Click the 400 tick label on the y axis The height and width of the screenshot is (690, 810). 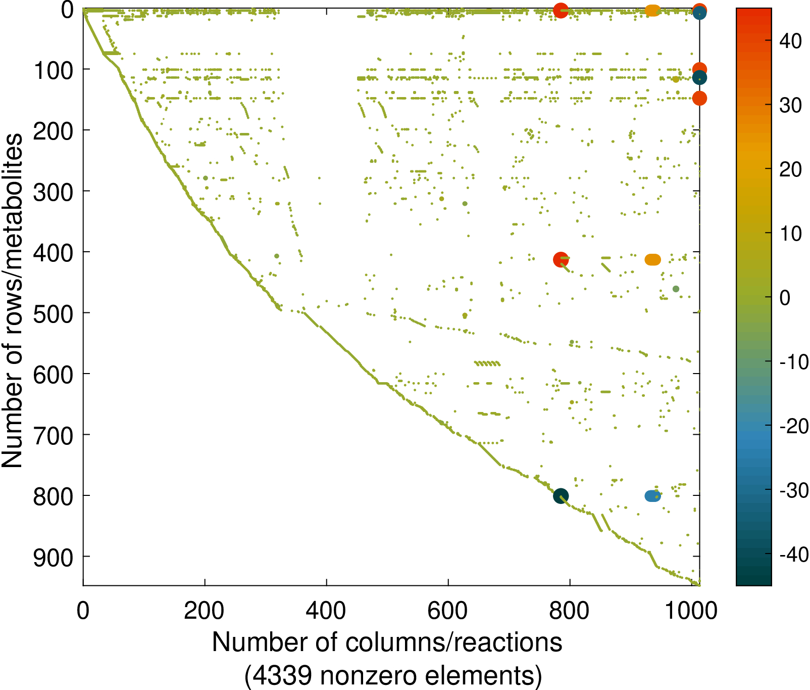coord(53,252)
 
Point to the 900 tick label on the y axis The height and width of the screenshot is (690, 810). coord(53,557)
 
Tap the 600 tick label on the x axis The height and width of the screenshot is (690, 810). coord(447,611)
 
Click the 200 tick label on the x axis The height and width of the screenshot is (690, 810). coord(204,611)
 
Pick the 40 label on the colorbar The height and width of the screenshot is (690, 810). coord(790,41)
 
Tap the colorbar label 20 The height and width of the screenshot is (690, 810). coord(790,170)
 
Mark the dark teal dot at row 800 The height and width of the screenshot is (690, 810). coord(561,496)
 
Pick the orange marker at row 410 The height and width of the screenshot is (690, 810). coord(652,260)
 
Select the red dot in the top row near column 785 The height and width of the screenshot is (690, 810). coord(561,10)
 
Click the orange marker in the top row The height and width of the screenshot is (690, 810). coord(652,10)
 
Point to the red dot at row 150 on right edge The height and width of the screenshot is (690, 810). coord(699,99)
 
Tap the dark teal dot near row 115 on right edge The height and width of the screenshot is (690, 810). coord(699,78)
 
